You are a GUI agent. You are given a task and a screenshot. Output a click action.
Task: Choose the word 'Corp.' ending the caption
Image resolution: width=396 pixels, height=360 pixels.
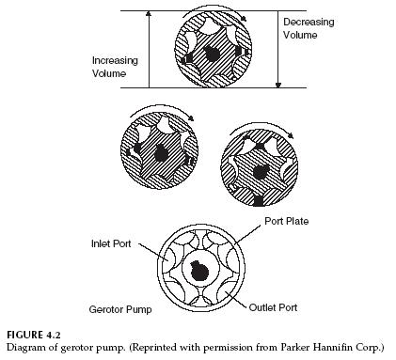373,348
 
